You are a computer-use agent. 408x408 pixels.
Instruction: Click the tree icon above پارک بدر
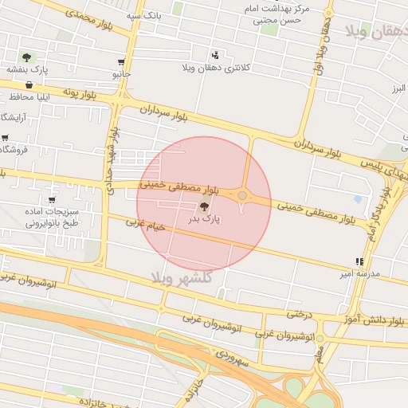tap(204, 206)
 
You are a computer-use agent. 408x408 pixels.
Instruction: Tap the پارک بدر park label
tap(204, 218)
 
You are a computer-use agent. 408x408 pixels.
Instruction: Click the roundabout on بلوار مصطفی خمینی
tap(242, 195)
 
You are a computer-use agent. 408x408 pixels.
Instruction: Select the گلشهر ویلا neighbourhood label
tap(185, 277)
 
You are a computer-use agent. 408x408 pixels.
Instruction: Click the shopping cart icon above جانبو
tap(120, 61)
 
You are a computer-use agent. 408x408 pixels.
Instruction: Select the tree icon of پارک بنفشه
tap(27, 57)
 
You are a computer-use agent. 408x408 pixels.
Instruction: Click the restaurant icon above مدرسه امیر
tap(359, 261)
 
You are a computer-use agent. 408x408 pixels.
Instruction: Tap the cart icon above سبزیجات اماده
tap(52, 201)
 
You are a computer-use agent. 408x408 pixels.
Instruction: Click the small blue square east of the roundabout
tap(357, 199)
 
